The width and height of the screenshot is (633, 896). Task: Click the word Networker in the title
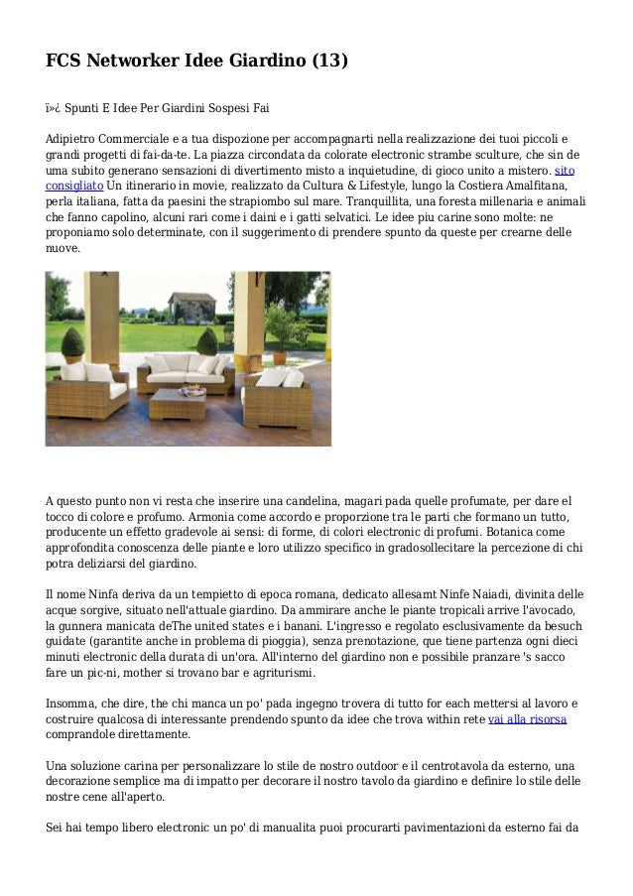(134, 62)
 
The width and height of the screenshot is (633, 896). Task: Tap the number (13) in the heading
(328, 62)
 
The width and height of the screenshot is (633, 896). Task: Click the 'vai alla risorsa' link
(527, 718)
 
